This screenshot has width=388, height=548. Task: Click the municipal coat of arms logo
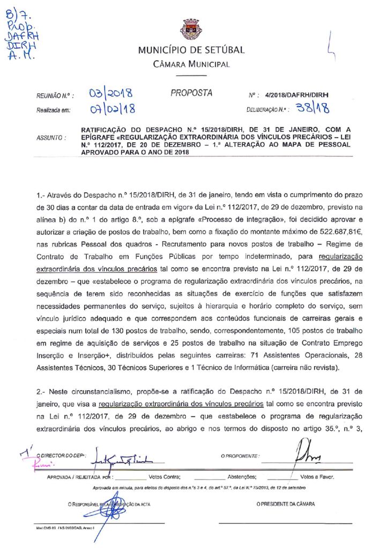pos(191,29)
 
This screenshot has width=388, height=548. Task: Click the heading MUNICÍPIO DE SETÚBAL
pos(191,51)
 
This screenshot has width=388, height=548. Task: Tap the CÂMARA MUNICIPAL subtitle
pos(191,65)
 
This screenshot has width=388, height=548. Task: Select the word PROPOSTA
pos(191,93)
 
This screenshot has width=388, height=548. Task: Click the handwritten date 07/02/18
pos(112,110)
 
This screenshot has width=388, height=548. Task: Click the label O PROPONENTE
pos(240,456)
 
